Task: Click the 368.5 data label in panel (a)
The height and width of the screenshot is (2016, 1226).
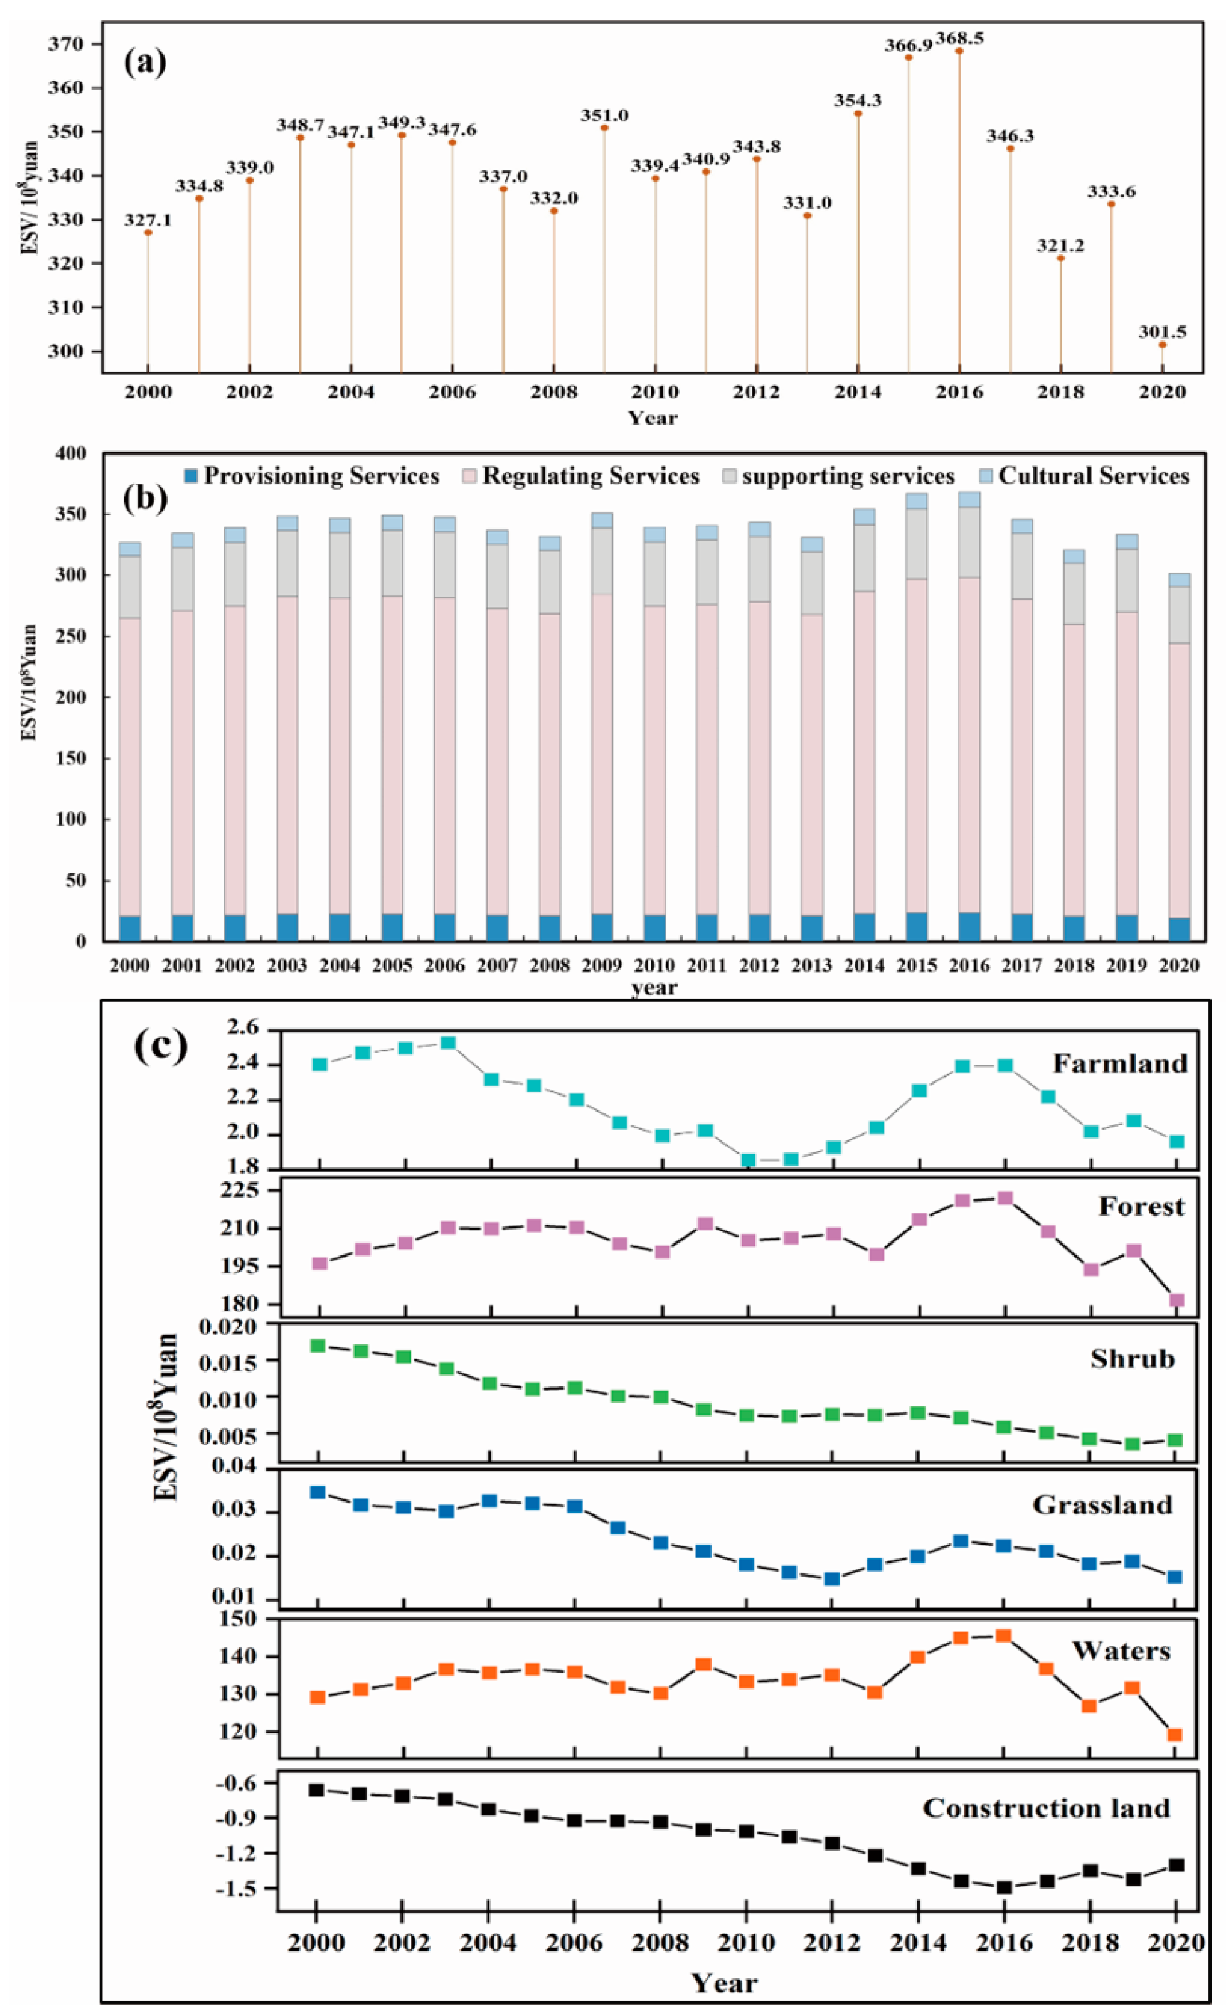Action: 959,39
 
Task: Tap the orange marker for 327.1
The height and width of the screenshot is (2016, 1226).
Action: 148,233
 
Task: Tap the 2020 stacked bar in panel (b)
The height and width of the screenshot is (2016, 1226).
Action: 1179,757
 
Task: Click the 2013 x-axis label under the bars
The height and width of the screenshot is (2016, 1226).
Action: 811,965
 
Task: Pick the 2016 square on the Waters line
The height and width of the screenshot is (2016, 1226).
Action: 1003,1636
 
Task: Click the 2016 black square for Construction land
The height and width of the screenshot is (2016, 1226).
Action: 1004,1888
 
